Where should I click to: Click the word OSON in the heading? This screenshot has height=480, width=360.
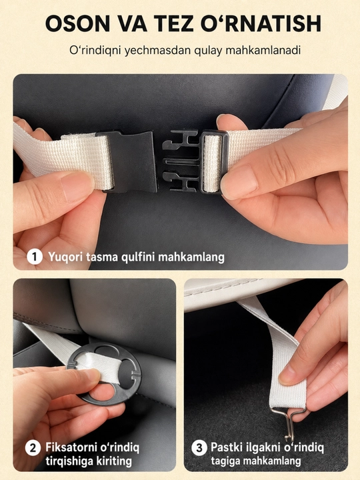77,23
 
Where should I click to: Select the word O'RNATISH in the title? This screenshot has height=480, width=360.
261,23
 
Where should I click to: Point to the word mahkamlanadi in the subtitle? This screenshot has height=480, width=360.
263,50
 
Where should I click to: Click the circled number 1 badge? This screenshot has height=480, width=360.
35,257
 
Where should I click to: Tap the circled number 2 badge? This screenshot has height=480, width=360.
33,449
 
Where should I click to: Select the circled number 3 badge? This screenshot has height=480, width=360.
199,448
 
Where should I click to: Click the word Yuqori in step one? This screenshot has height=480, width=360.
65,257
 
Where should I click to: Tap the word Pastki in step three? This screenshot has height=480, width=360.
225,447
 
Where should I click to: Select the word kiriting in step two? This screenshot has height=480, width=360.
114,461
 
